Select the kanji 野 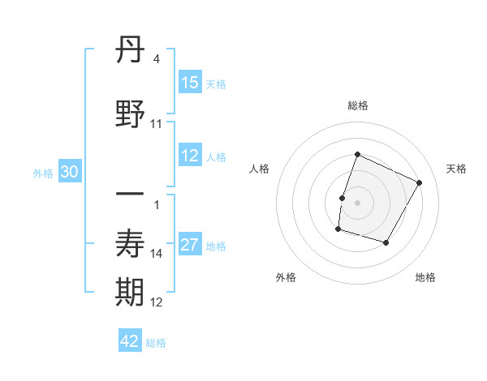click(131, 113)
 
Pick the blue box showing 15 click(190, 83)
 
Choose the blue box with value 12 click(190, 156)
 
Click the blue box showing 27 click(190, 246)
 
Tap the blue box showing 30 click(69, 172)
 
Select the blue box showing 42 click(130, 341)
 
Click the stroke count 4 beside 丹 click(156, 59)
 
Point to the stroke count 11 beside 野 click(157, 123)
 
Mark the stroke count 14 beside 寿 click(157, 254)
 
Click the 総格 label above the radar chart click(358, 105)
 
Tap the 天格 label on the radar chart click(456, 169)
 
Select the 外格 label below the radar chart click(286, 277)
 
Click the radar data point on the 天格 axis click(420, 182)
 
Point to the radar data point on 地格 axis click(386, 243)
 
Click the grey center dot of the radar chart click(358, 203)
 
